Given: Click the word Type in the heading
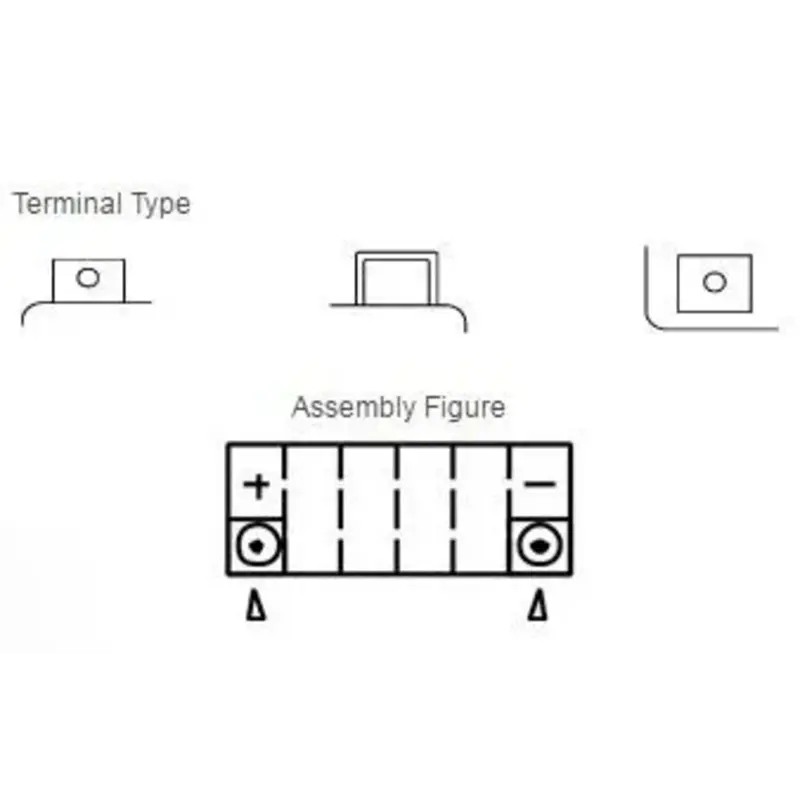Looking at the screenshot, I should coord(160,205).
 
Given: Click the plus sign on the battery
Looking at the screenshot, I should coord(258,487).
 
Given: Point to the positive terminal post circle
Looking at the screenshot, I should coord(258,546).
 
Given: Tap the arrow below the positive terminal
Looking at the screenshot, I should coord(257,605).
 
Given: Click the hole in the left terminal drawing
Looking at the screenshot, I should coord(88,278).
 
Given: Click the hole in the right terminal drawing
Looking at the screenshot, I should coord(714,283).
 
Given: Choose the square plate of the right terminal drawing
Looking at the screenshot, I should coord(714,283).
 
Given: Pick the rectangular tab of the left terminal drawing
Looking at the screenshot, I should coord(88,280).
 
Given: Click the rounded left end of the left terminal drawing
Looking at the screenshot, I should coord(27,312).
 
